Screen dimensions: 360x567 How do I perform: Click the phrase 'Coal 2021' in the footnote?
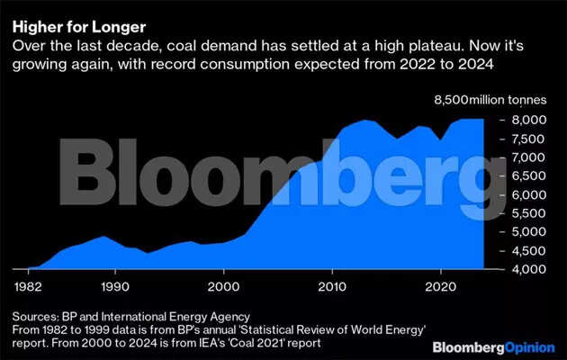point(232,342)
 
